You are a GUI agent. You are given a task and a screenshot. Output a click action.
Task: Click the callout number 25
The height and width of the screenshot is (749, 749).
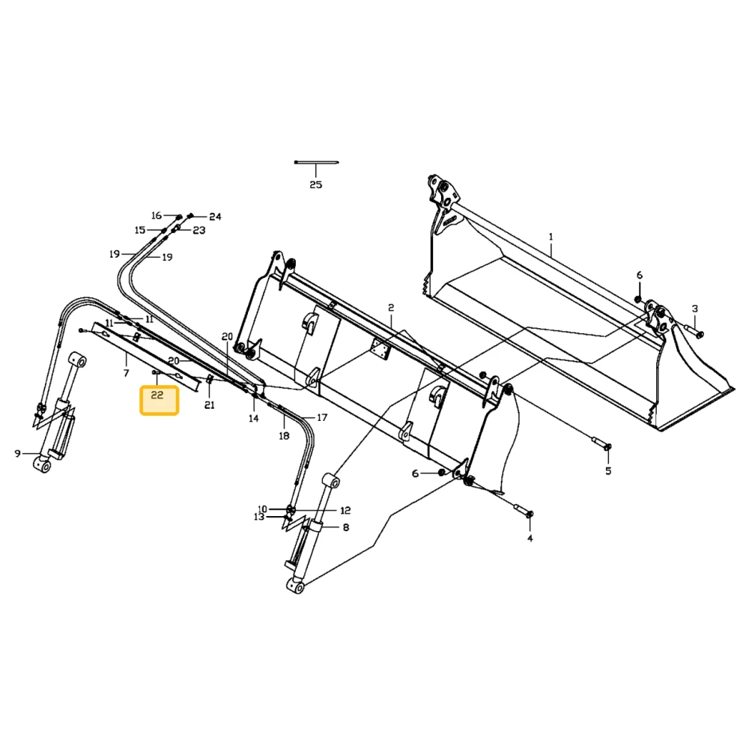tap(316, 185)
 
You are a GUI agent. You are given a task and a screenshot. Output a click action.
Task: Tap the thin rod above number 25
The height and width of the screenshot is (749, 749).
tap(316, 163)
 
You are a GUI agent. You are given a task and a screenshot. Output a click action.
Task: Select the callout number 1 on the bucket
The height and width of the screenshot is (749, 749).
tap(551, 237)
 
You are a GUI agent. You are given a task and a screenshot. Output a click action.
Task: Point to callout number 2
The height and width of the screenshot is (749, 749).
tap(391, 308)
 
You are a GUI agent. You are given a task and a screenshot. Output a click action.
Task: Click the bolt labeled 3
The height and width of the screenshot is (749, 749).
tap(693, 330)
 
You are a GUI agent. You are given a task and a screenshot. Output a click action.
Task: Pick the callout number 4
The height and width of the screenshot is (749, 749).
tap(530, 539)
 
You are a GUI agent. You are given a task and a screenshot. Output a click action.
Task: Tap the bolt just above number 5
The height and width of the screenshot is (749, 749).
tap(601, 443)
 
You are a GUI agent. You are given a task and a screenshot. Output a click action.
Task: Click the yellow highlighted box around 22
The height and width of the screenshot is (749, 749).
tap(159, 400)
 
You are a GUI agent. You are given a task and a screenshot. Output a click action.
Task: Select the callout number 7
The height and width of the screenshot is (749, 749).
tap(126, 373)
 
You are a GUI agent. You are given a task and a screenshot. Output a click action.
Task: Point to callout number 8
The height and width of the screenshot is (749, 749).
tap(346, 527)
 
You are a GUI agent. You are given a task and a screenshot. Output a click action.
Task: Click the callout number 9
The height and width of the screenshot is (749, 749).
tap(18, 453)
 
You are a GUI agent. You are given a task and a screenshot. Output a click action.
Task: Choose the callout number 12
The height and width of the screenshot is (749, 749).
tap(345, 511)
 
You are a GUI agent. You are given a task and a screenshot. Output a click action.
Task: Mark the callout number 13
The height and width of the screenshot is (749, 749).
tap(259, 518)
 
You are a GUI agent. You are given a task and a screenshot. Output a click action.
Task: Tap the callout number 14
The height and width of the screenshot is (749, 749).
tap(254, 419)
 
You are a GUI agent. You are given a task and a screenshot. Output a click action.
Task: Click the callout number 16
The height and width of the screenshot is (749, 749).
tap(157, 216)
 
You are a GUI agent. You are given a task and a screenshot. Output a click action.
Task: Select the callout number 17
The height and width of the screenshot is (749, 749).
tap(322, 417)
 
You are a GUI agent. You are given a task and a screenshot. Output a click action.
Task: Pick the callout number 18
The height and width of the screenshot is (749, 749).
tap(284, 436)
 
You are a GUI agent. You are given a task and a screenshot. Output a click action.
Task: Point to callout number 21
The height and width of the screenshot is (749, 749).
tap(210, 405)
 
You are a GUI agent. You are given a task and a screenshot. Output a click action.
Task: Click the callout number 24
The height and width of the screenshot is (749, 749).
tap(216, 217)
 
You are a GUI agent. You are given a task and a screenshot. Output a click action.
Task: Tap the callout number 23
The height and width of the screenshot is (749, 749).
tap(199, 230)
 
